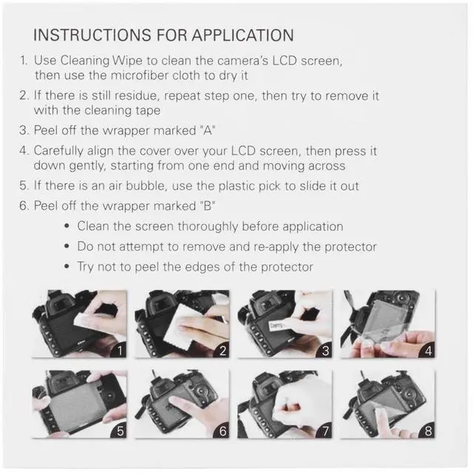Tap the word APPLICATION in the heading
coord(242,35)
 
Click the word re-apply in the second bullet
coord(277,246)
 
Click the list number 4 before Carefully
coord(24,150)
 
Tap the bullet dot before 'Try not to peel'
coord(68,267)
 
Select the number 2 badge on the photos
coord(220,350)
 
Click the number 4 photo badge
coord(426,350)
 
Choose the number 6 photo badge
coord(220,430)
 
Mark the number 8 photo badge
coord(426,430)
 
